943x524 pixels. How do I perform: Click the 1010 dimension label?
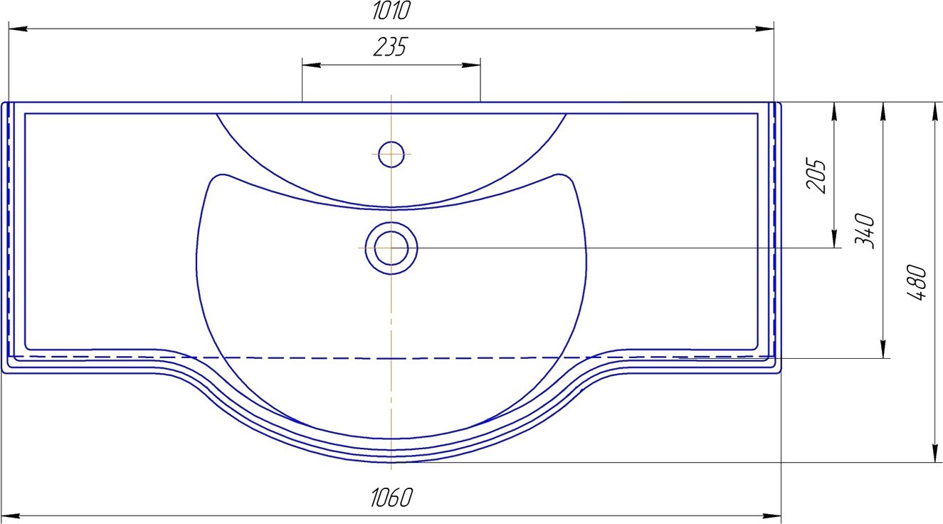coord(391,11)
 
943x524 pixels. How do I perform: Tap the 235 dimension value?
coord(391,47)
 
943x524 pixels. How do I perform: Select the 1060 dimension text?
coord(391,498)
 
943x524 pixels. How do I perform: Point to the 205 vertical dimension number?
coord(816,175)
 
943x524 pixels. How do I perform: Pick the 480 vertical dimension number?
coord(917,282)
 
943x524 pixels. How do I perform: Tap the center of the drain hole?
coord(391,248)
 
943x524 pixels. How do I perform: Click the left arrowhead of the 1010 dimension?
coord(18,28)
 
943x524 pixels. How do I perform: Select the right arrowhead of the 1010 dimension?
coord(764,28)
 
